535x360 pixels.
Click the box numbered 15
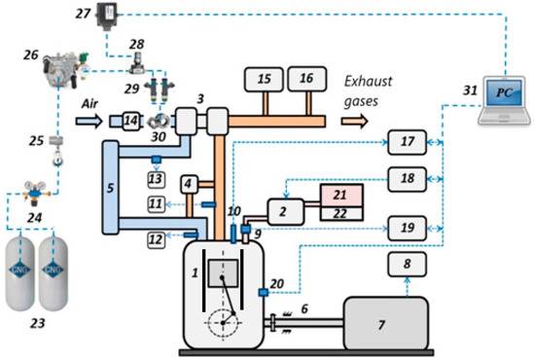tap(264, 78)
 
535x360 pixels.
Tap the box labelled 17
tap(407, 143)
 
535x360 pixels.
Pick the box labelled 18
tap(407, 180)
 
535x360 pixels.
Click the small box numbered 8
tap(407, 264)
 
